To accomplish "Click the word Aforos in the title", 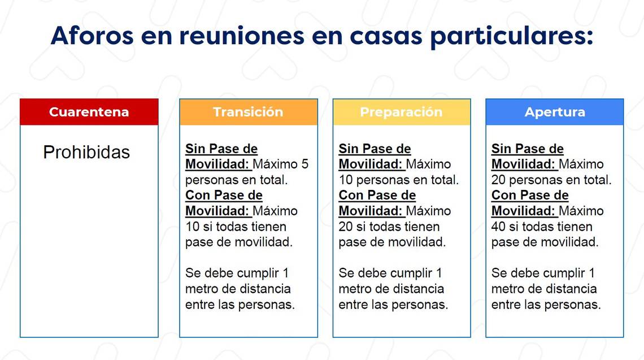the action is point(93,36).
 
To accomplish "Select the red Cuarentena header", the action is point(89,112).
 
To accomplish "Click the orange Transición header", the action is point(249,112).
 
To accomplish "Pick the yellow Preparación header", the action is point(402,112).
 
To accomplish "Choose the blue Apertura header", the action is point(555,112).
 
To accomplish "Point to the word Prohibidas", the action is point(86,153).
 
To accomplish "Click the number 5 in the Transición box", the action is point(304,164).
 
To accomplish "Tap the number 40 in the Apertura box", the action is point(498,227).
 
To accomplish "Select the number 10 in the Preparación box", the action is point(345,180).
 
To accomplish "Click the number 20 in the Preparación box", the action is point(345,227).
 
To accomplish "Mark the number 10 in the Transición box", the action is point(192,227).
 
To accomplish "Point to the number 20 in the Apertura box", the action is point(498,180).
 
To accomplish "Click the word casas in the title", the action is point(386,36).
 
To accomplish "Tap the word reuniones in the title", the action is point(242,36).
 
